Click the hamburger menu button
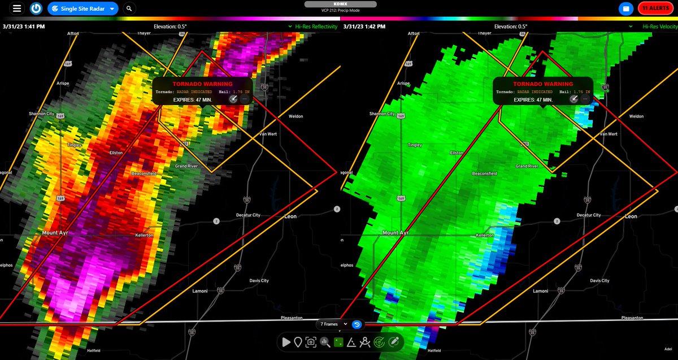pos(17,8)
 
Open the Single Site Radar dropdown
pos(82,8)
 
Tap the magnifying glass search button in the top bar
pos(129,8)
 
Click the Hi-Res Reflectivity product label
pos(316,27)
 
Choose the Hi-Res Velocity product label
pos(659,27)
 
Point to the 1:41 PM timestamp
pos(24,27)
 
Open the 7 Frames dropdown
pos(333,324)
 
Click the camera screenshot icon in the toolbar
pos(310,342)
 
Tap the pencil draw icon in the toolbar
pos(394,342)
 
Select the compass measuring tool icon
pos(365,342)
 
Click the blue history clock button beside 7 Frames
pos(357,324)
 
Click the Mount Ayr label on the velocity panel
pos(395,233)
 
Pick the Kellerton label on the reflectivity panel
pos(144,235)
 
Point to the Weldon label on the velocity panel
pos(636,116)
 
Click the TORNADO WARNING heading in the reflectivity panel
pos(202,84)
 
